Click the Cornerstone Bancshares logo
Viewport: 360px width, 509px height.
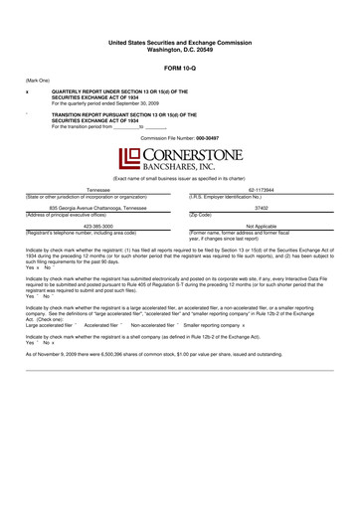click(179, 158)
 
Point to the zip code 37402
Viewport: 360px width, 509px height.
click(262, 207)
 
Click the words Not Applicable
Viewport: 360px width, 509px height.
click(262, 226)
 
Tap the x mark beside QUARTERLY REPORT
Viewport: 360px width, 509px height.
click(27, 90)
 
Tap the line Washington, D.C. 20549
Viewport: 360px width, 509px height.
click(179, 49)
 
